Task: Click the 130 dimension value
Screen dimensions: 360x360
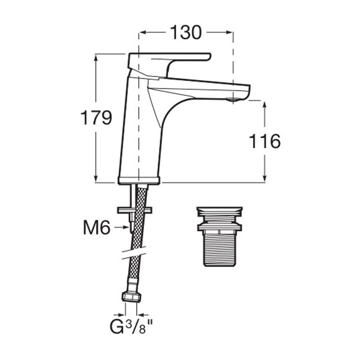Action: (186, 32)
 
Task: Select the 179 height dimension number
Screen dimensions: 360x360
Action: (96, 117)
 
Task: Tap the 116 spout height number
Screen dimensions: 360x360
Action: (265, 141)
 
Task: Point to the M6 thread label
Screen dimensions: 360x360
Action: (97, 227)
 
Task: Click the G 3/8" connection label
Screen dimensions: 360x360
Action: (131, 327)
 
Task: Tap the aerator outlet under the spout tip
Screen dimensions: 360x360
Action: (232, 100)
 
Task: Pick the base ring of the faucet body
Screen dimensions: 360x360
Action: (139, 180)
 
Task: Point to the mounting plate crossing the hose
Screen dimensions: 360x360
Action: (135, 210)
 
